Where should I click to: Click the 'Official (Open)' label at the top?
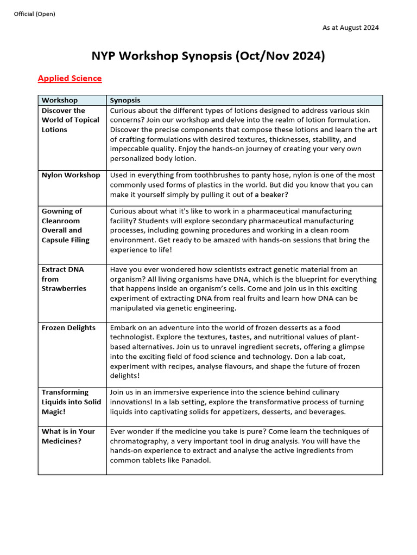(x=34, y=14)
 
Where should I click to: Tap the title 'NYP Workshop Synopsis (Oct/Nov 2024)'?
(x=208, y=56)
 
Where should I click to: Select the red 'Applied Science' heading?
(x=69, y=78)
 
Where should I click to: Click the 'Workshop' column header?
(x=60, y=100)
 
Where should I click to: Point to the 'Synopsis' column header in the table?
(x=125, y=100)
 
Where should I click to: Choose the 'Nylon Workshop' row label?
(x=71, y=175)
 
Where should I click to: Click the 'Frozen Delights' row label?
(x=68, y=328)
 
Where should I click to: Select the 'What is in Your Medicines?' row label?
(x=68, y=436)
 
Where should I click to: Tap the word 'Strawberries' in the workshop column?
(x=64, y=289)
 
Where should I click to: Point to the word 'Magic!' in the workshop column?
(x=54, y=412)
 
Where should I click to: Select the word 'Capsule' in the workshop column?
(x=56, y=240)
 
